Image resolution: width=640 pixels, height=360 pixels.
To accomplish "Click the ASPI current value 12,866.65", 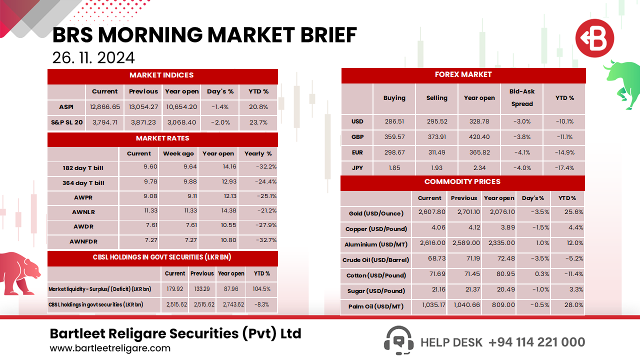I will [105, 107].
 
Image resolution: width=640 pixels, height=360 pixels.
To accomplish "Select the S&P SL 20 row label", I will [66, 122].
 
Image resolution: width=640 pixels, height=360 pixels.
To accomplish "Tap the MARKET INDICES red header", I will [161, 75].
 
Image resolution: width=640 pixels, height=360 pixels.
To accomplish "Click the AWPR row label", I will [83, 197].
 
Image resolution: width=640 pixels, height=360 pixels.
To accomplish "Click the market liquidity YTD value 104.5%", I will [262, 289].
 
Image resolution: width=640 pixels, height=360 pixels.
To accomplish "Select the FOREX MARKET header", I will [463, 75].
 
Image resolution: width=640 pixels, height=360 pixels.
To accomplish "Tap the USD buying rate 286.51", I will [394, 121].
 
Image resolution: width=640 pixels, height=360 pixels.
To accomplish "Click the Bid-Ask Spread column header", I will [522, 98].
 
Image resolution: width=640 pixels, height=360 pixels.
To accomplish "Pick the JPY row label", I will [357, 168].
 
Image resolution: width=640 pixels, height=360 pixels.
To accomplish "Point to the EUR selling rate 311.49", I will [436, 152].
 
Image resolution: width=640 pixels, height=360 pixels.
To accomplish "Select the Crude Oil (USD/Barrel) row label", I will [375, 260].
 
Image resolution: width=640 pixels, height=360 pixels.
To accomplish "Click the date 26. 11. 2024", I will [93, 57].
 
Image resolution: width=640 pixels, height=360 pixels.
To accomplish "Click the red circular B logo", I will [594, 38].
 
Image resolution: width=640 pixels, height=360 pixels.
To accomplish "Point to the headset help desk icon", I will [398, 341].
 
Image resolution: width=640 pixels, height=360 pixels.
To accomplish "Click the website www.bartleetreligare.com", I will [110, 348].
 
